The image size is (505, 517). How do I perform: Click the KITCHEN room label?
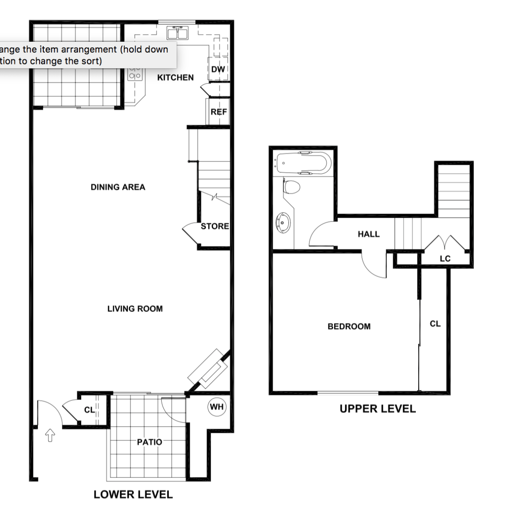coord(175,77)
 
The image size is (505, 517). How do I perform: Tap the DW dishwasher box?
coord(218,69)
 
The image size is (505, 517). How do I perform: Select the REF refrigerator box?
coord(218,112)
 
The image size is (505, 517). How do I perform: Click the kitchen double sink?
coord(177,33)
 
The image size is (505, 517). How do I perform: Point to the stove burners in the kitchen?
coord(135,73)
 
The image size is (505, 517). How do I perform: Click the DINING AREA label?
coord(118,187)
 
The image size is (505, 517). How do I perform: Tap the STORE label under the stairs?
coord(215,226)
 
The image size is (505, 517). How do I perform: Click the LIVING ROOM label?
coord(135,309)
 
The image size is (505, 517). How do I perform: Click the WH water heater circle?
coord(217,407)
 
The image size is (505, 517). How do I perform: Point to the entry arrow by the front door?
coord(50,435)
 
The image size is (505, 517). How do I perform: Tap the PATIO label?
coord(149,442)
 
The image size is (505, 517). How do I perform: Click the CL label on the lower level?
coord(89,409)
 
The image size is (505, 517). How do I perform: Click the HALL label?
coord(369,234)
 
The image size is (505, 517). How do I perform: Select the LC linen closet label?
coord(445,258)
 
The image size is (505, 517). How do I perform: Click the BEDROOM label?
coord(349,326)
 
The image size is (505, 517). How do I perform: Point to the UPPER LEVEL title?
coord(377,408)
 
